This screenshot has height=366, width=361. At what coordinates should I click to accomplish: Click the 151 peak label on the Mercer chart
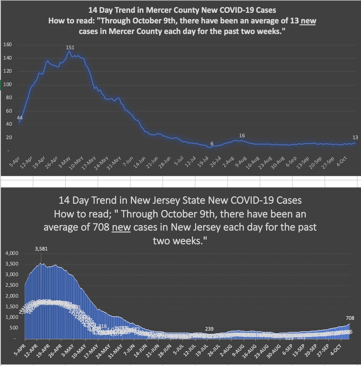70,47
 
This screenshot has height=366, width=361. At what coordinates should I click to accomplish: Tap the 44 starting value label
20,118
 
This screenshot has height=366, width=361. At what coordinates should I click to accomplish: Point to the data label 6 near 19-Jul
212,144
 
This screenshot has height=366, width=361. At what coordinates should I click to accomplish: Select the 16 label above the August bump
242,135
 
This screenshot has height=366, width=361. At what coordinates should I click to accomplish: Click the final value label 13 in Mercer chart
355,137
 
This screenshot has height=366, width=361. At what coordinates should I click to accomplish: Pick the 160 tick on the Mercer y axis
7,45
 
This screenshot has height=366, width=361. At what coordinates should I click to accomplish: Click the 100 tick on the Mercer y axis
7,85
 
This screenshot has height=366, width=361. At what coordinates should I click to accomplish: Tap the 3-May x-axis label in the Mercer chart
65,162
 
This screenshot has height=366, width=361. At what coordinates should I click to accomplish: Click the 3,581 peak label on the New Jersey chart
41,249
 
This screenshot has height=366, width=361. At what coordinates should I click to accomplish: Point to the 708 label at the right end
350,318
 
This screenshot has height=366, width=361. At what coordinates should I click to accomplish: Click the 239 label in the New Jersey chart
209,329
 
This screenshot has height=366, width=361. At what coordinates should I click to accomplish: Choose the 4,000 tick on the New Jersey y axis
12,253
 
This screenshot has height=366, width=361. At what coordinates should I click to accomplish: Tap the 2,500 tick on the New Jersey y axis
12,285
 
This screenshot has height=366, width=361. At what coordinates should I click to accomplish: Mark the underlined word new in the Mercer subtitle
307,21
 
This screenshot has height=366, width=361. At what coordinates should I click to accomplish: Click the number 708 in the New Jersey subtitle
101,227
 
